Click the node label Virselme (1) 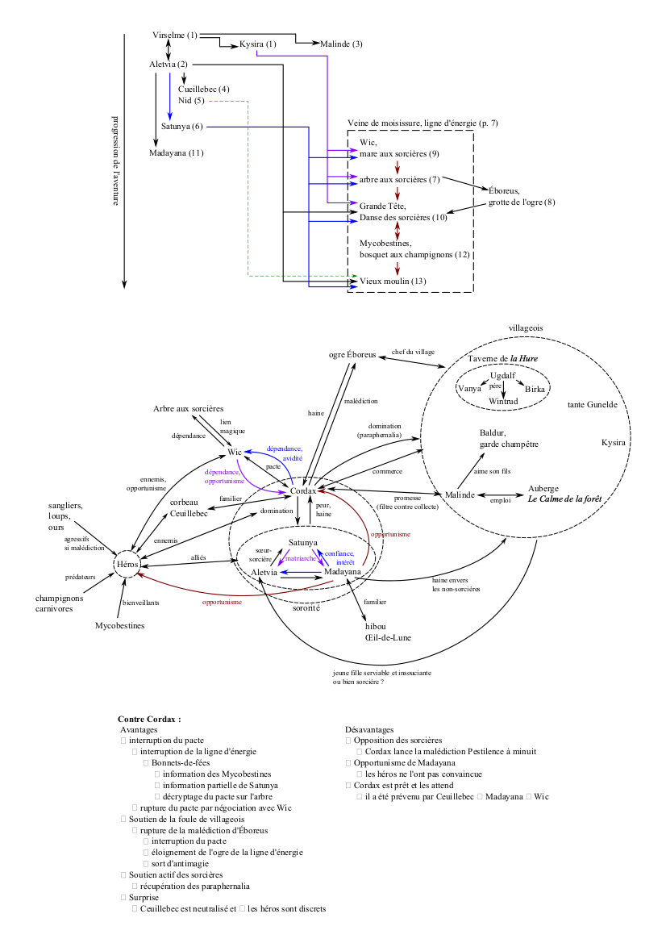pyautogui.click(x=174, y=35)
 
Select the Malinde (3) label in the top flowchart pyautogui.click(x=341, y=44)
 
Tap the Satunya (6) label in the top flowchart pyautogui.click(x=181, y=126)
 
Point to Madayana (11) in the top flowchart pyautogui.click(x=176, y=152)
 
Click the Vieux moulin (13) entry pyautogui.click(x=393, y=281)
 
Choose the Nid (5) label pyautogui.click(x=191, y=100)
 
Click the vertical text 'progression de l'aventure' pyautogui.click(x=114, y=161)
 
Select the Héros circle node pyautogui.click(x=128, y=565)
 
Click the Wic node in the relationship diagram pyautogui.click(x=235, y=453)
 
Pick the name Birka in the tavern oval pyautogui.click(x=535, y=389)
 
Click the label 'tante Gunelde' pyautogui.click(x=593, y=404)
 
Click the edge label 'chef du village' pyautogui.click(x=413, y=352)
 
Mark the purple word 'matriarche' pyautogui.click(x=301, y=558)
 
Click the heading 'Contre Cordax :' pyautogui.click(x=149, y=718)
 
